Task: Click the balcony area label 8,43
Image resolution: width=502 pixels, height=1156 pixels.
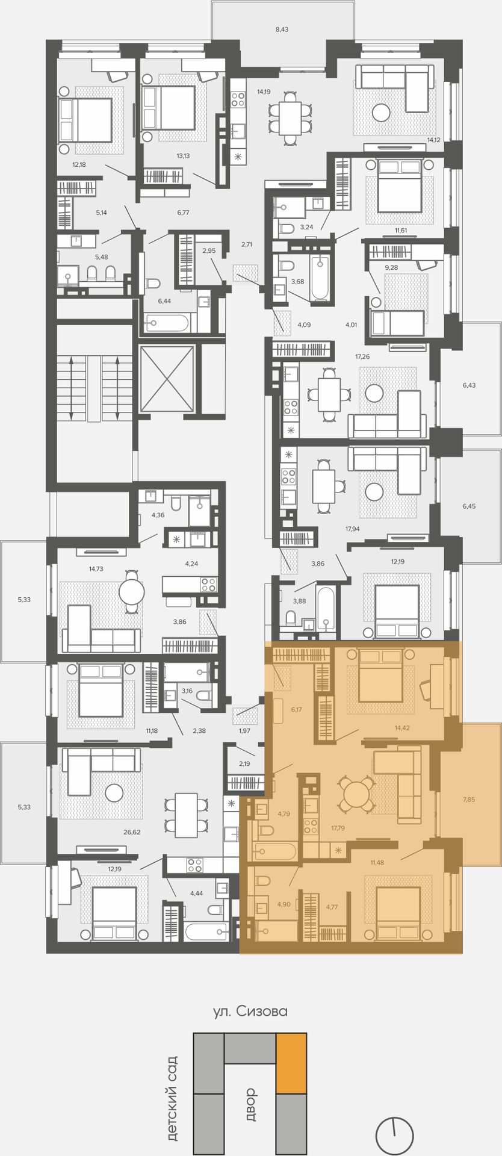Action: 282,29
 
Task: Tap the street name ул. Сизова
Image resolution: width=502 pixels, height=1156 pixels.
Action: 250,1011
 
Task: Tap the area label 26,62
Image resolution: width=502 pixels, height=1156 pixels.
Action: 131,833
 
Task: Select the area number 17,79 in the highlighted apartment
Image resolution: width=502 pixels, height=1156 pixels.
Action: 338,827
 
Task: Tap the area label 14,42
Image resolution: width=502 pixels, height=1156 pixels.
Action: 402,728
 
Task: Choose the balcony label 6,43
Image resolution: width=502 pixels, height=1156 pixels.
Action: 469,385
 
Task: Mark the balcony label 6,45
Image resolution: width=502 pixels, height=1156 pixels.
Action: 469,506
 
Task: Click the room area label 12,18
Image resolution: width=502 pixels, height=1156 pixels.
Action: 79,164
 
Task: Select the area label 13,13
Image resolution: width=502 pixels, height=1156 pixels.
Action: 183,156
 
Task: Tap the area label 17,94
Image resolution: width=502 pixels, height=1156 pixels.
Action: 352,529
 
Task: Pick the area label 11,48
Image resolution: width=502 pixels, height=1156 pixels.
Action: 377,862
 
